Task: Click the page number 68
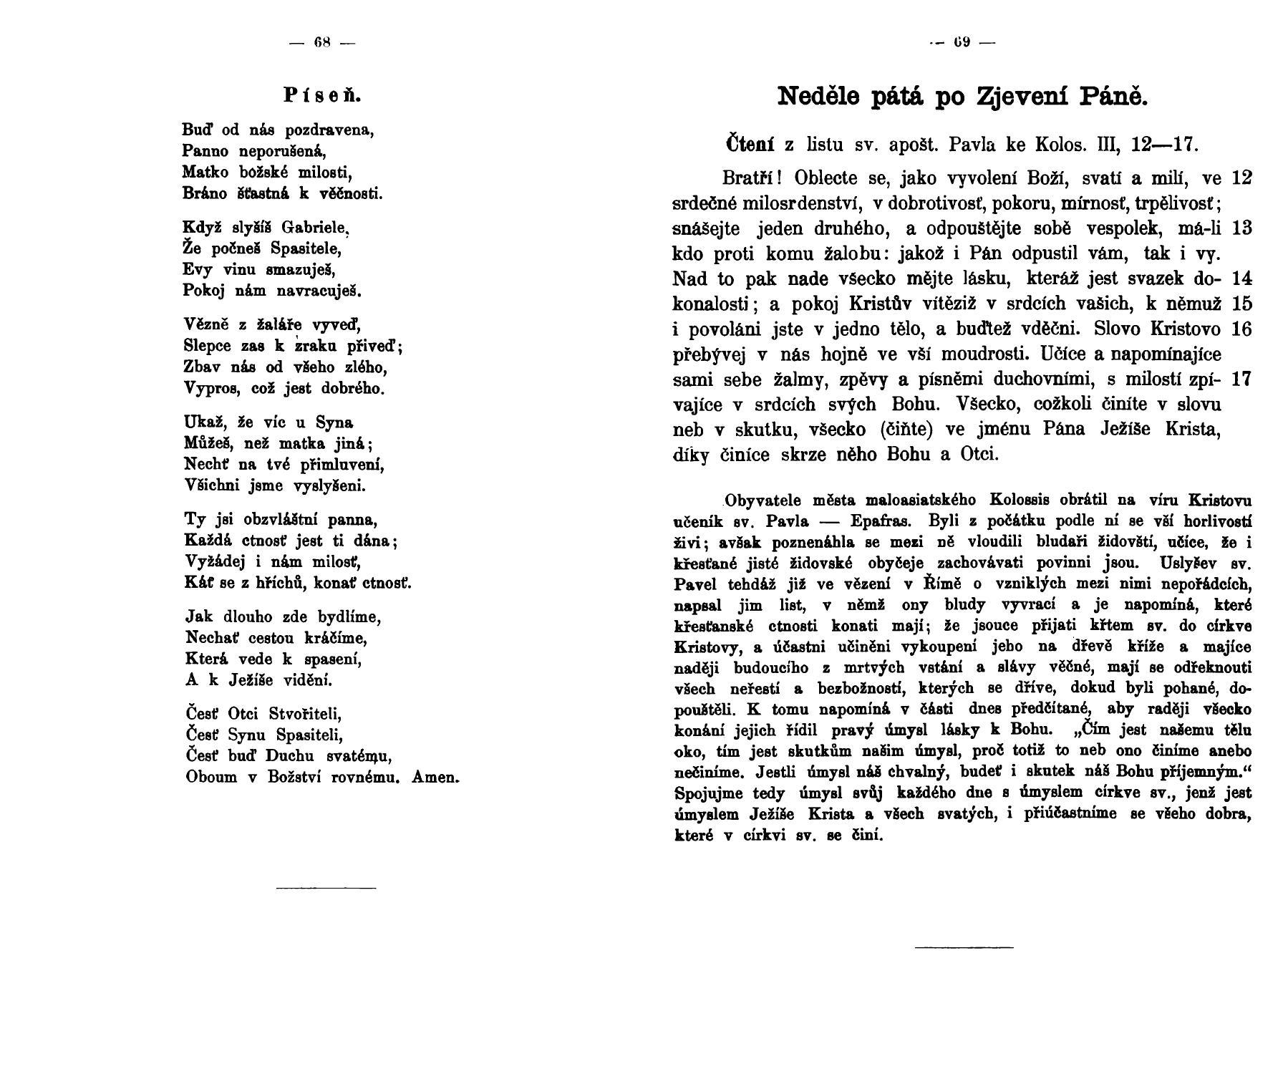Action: coord(321,42)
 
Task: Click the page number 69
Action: coord(962,42)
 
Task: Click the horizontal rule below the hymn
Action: coord(326,889)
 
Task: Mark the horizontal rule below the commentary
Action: coord(964,948)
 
